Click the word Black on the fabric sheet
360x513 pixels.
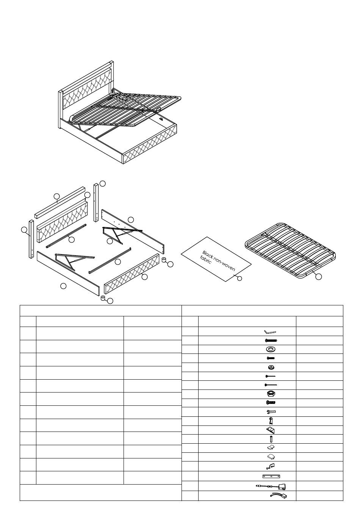tap(208, 254)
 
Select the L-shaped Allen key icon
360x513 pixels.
tap(270, 332)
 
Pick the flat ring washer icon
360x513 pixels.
tap(271, 349)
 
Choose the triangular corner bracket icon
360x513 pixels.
tap(271, 430)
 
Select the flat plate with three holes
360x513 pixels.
tap(271, 476)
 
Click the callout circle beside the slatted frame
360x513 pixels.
tap(318, 277)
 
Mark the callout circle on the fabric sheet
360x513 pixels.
tap(239, 279)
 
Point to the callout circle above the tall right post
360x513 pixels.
tap(102, 183)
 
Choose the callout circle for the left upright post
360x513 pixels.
tap(24, 230)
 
